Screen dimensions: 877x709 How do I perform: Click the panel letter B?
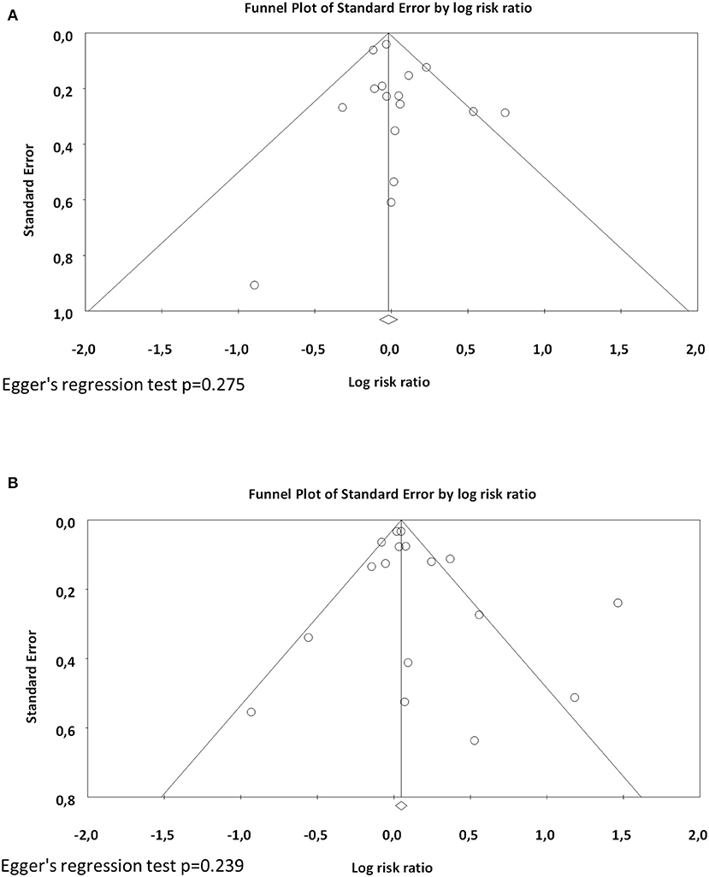[13, 483]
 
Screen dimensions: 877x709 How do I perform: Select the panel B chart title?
[393, 494]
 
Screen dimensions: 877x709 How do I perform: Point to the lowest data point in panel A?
[254, 285]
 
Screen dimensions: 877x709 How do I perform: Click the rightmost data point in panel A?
[505, 113]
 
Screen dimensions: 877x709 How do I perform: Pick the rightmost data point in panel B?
[617, 603]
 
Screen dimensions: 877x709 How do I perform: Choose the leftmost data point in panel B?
[251, 712]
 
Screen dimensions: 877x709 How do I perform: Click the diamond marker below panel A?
[389, 320]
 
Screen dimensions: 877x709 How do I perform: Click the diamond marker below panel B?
[401, 805]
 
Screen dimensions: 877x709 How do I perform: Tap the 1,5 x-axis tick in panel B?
[621, 834]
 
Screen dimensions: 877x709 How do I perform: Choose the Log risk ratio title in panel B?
[393, 868]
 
